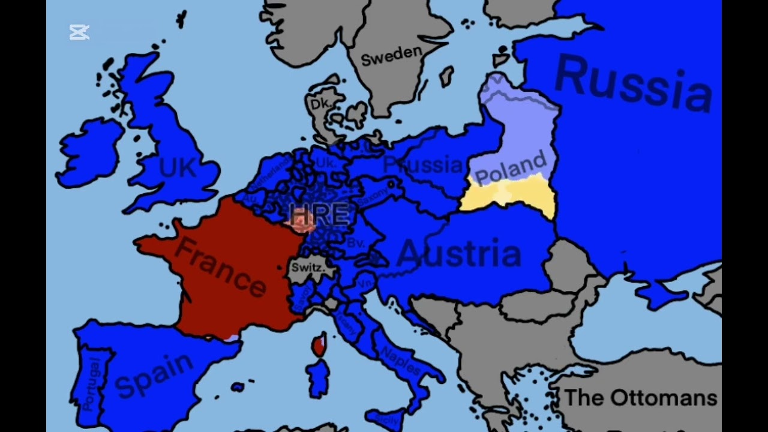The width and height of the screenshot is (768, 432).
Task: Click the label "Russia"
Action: (x=633, y=84)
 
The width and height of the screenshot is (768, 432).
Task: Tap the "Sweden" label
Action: (x=391, y=55)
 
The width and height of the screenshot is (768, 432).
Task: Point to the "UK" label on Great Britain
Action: (x=178, y=167)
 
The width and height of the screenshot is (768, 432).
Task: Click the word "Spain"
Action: (x=154, y=375)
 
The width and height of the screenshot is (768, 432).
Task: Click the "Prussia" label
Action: (x=423, y=164)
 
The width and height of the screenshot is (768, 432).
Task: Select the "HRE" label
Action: (x=319, y=214)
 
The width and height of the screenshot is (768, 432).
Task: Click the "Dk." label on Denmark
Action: (x=320, y=104)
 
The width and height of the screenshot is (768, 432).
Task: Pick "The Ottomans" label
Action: (x=641, y=397)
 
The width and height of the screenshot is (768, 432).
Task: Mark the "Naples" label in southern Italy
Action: (x=400, y=359)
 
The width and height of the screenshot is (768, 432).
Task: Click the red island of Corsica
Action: (x=319, y=345)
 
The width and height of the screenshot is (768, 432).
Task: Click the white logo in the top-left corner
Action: (x=79, y=32)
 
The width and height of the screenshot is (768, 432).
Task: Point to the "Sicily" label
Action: (x=388, y=420)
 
